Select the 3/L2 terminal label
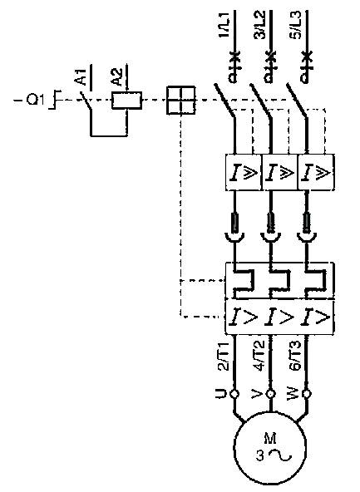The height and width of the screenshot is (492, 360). [x=259, y=25]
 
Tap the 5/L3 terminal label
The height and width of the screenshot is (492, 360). [x=295, y=25]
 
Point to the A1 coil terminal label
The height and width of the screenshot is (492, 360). [x=81, y=76]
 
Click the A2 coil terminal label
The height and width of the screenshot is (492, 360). [x=116, y=76]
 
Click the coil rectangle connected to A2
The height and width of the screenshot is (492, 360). [x=127, y=101]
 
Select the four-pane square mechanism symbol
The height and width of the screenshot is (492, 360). [x=180, y=100]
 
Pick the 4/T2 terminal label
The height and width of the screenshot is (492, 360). [x=259, y=357]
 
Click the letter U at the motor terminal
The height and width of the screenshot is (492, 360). [x=221, y=393]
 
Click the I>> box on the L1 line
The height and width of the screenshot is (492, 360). [x=244, y=172]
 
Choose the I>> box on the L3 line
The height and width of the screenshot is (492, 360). [x=316, y=172]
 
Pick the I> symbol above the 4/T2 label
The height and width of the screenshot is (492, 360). [x=279, y=317]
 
